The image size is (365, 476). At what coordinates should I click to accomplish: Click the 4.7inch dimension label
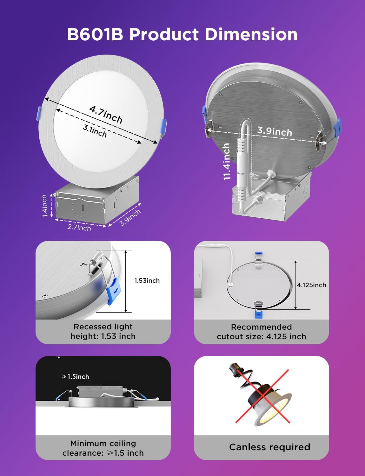[106, 114]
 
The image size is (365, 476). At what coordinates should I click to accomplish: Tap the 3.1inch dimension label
[95, 130]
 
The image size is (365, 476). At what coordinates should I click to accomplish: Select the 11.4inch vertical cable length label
[227, 161]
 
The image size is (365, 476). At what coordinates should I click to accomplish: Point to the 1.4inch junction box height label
[44, 206]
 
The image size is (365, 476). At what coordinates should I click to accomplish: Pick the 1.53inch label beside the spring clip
[147, 281]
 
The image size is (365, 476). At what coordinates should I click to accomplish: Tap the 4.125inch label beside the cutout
[311, 285]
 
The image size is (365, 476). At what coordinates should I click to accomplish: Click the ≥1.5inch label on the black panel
[75, 377]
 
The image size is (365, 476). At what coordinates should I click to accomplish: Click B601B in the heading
[95, 34]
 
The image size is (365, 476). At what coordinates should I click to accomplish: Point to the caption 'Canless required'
[269, 447]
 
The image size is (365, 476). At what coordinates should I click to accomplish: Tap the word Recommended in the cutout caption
[261, 327]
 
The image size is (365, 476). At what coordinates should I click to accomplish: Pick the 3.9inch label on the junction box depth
[130, 217]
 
